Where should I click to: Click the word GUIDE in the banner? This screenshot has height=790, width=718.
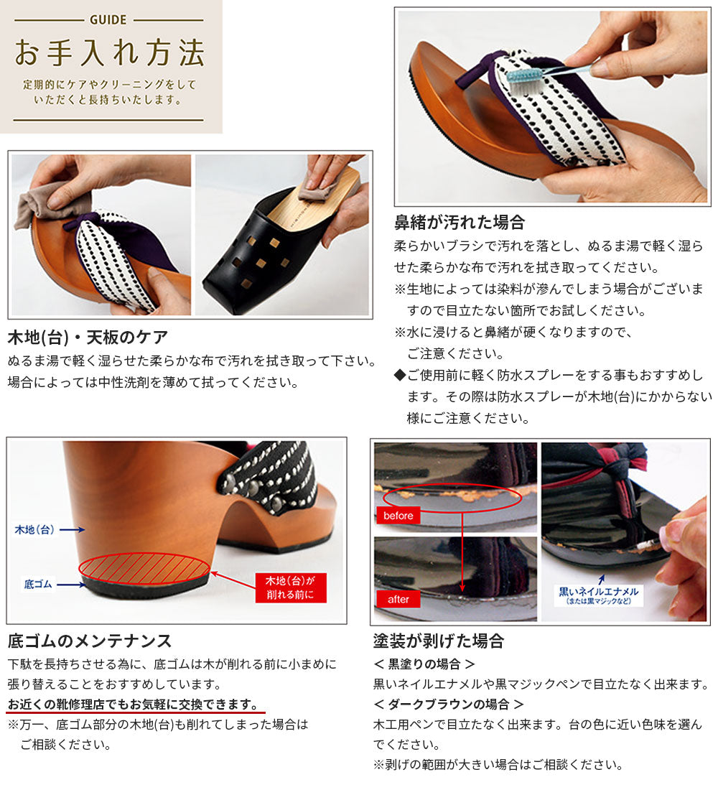[108, 19]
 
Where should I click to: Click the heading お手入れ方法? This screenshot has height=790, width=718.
[109, 53]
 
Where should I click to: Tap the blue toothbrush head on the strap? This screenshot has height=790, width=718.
[523, 78]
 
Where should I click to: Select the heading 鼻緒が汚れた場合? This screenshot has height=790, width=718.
[459, 222]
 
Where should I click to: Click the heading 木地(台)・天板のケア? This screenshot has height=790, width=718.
[88, 337]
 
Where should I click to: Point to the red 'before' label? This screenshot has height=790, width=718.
[398, 516]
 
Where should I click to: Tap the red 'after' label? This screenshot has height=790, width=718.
[398, 599]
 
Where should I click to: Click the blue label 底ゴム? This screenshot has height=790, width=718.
[38, 585]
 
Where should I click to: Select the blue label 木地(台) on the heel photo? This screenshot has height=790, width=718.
[34, 529]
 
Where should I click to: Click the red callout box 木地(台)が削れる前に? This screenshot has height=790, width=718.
[290, 587]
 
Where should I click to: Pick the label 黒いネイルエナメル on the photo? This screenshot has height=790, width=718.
[599, 592]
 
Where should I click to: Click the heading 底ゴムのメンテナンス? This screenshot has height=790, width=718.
[90, 641]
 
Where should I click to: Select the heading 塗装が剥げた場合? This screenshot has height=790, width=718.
[439, 641]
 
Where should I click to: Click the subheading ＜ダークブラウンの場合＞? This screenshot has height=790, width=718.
[448, 704]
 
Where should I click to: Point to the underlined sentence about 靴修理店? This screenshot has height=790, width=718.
[133, 704]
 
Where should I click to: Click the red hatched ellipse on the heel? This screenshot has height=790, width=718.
[144, 569]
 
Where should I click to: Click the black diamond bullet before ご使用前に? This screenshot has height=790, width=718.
[399, 376]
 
